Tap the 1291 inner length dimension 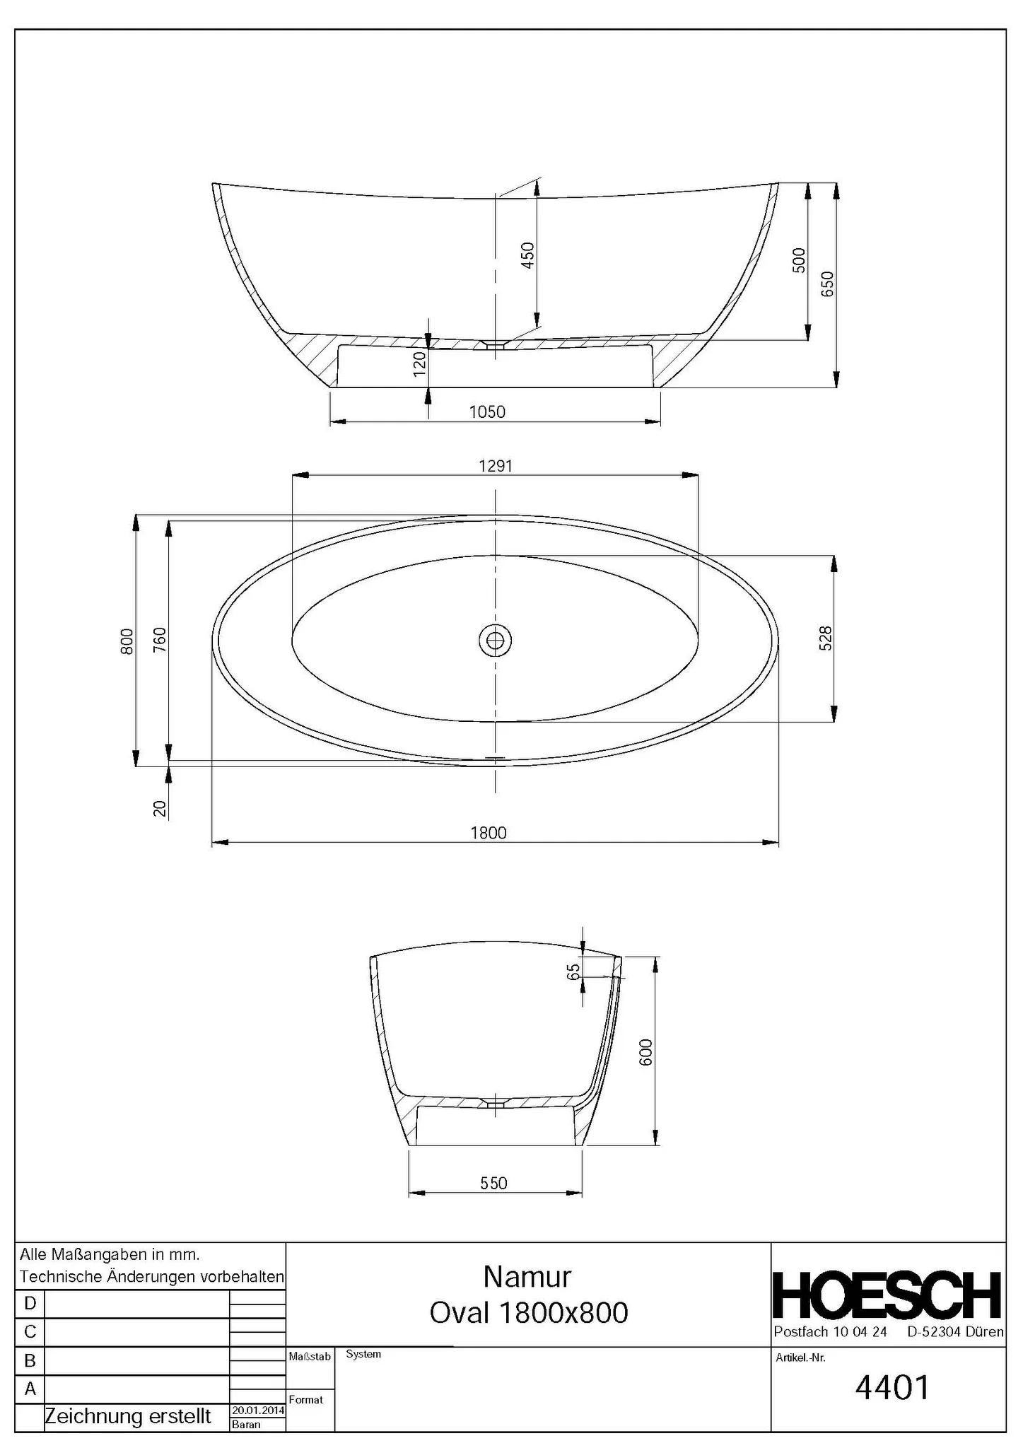(495, 466)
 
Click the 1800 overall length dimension (489, 833)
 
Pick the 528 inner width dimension (826, 638)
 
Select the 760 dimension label (160, 639)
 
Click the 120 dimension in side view (419, 363)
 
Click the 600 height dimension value (645, 1052)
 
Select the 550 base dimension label (493, 1184)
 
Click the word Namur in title (527, 1276)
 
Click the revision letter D (30, 1303)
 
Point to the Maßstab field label (310, 1357)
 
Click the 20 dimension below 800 (160, 808)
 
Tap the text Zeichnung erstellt (128, 1416)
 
